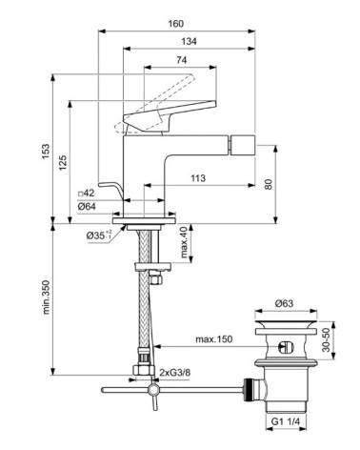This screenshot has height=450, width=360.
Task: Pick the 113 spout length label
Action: click(199, 177)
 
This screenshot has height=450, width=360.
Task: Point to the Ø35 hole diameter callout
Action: click(99, 235)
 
